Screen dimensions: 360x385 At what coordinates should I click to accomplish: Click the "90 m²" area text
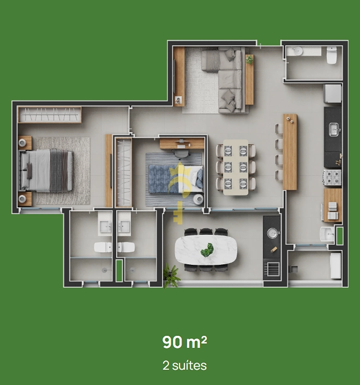(185, 342)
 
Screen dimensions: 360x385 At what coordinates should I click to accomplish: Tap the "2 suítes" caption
(185, 365)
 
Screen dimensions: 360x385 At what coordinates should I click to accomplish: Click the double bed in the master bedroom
(46, 170)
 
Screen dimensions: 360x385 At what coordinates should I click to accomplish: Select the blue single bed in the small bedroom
(176, 179)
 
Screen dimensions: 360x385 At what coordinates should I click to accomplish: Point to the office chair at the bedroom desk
(181, 153)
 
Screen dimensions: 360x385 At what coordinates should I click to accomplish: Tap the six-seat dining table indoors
(236, 167)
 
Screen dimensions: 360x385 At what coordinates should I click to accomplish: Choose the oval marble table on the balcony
(206, 250)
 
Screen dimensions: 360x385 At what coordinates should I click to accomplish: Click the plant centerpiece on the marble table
(207, 250)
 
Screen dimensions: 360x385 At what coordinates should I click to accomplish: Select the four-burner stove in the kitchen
(332, 177)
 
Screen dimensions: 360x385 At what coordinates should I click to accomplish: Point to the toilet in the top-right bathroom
(332, 55)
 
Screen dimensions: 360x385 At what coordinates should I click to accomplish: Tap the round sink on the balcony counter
(272, 233)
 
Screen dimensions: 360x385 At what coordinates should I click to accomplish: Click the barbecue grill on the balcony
(272, 269)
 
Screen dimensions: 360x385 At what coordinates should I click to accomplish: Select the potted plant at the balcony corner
(172, 275)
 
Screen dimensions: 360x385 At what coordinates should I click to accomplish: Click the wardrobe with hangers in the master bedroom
(50, 115)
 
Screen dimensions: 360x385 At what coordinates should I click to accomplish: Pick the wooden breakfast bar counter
(290, 152)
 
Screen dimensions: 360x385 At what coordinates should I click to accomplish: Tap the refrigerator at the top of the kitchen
(332, 93)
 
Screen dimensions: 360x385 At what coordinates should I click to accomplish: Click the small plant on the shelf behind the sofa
(249, 60)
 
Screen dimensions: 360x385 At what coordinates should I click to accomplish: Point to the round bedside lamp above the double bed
(22, 143)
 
